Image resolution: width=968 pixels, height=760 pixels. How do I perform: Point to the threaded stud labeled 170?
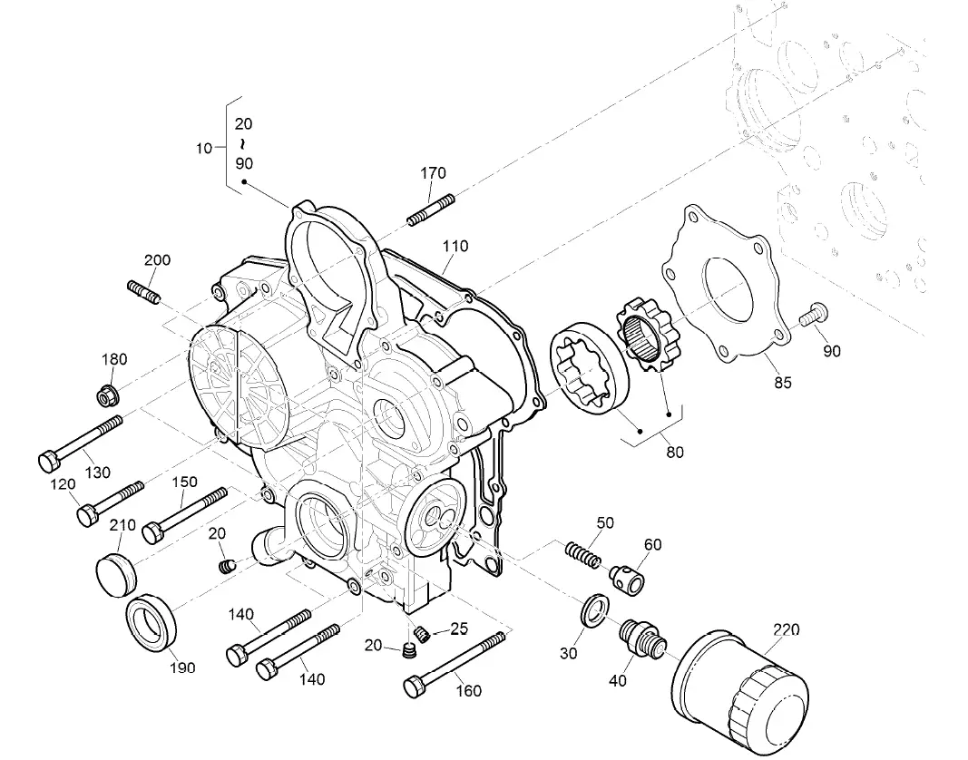[429, 209]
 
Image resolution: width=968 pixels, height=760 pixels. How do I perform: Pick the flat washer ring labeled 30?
[593, 610]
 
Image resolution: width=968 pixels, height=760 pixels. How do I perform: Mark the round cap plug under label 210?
[115, 570]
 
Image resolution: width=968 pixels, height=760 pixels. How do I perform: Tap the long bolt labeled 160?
[457, 666]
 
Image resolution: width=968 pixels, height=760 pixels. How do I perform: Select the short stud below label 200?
[143, 293]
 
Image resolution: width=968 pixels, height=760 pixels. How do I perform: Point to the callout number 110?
[455, 246]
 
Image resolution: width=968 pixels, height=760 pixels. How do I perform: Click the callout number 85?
[782, 383]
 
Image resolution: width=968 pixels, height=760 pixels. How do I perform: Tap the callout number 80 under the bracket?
[674, 452]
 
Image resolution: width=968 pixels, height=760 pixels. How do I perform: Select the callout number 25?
[458, 628]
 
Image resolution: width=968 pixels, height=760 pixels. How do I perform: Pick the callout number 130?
[97, 472]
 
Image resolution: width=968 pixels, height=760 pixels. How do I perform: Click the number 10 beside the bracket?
[203, 147]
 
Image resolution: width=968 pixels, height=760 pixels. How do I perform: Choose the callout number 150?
[184, 482]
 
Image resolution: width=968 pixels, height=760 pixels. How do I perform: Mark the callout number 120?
[63, 485]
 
